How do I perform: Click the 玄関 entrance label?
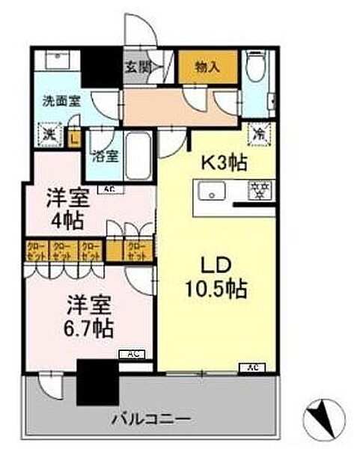(x=137, y=67)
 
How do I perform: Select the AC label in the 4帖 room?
(x=109, y=189)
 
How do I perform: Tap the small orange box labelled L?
(x=73, y=136)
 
